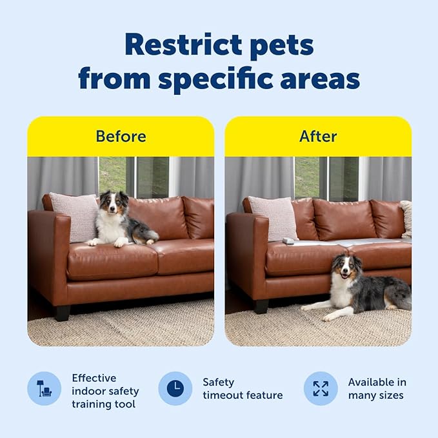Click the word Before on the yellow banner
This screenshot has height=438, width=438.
pyautogui.click(x=121, y=136)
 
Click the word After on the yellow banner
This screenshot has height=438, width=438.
pyautogui.click(x=318, y=136)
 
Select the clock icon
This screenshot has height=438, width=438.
pyautogui.click(x=175, y=388)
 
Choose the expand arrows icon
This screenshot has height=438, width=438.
pyautogui.click(x=321, y=388)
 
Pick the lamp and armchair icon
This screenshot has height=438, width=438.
pyautogui.click(x=44, y=388)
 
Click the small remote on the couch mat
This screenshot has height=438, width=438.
pyautogui.click(x=288, y=241)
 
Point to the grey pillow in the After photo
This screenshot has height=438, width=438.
pyautogui.click(x=274, y=217)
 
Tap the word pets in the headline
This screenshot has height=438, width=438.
pyautogui.click(x=282, y=45)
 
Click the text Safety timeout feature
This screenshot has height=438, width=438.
pyautogui.click(x=243, y=388)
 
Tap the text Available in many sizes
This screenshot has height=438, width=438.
pyautogui.click(x=377, y=388)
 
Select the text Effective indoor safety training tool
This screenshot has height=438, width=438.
pyautogui.click(x=105, y=391)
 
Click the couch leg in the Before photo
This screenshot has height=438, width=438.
pyautogui.click(x=63, y=313)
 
